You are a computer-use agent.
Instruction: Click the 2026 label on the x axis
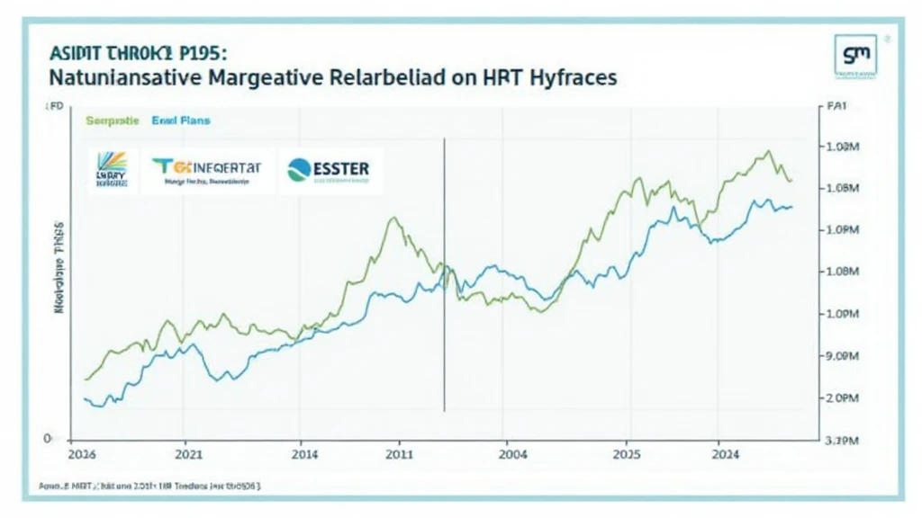84,456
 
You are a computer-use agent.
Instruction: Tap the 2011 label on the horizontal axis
400,456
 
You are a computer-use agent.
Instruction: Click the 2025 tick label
627,456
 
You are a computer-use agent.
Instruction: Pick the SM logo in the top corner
854,55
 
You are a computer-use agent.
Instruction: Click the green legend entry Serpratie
112,120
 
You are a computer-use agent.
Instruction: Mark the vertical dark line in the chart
444,270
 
